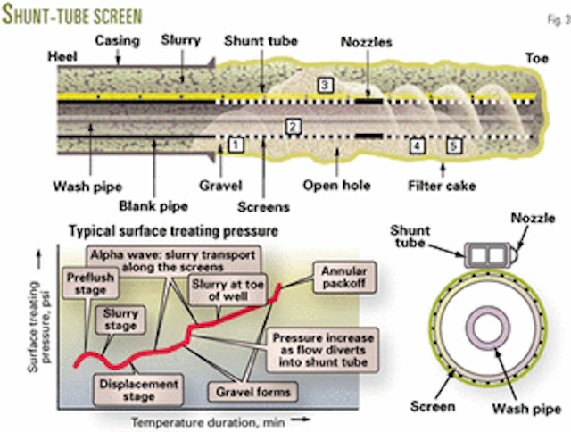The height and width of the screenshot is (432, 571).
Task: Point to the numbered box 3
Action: [325, 84]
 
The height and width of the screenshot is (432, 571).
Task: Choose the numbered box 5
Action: [454, 144]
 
